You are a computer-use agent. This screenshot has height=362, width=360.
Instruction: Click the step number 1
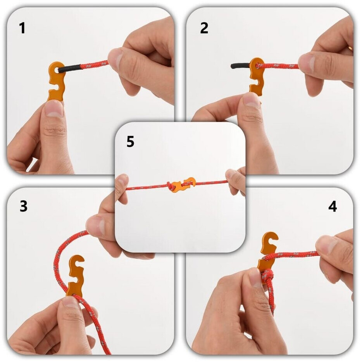[22, 28]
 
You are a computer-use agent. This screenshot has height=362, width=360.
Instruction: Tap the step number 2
[204, 28]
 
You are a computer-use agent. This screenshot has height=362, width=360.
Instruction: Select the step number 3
[24, 206]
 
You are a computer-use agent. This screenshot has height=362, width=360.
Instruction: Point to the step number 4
[332, 206]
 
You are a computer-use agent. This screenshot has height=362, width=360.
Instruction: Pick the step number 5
[130, 141]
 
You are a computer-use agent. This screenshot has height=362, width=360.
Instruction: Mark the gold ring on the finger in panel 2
[350, 48]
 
